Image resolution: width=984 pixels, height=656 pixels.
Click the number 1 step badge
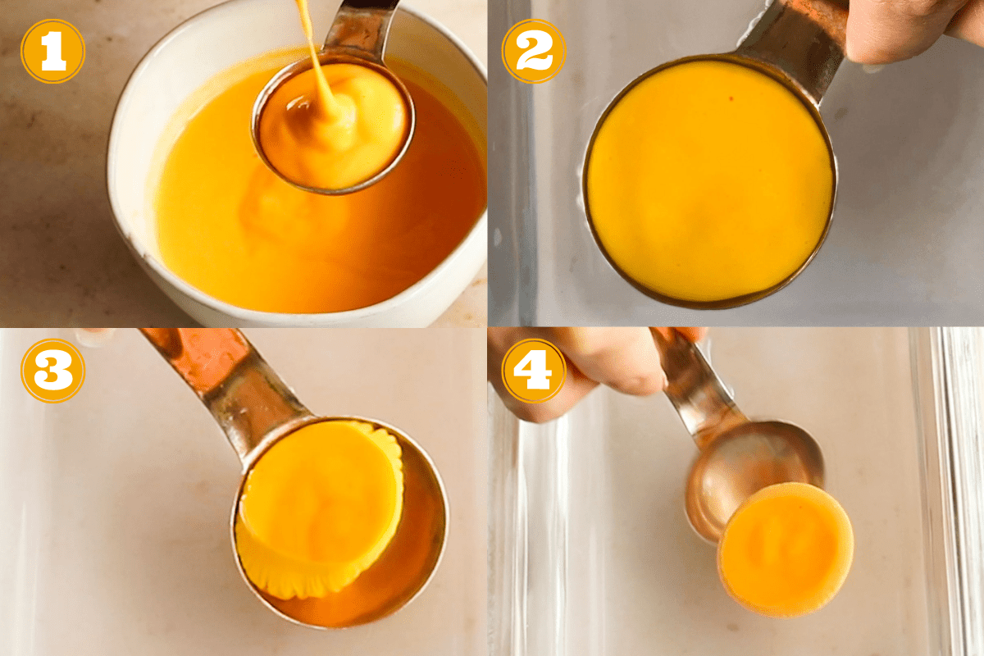coord(52,51)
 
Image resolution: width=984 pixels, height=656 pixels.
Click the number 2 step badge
coord(534,51)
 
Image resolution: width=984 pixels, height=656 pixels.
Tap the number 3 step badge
coord(52,371)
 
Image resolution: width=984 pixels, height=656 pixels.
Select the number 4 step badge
coord(534,371)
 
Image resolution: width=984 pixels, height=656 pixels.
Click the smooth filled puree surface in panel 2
coord(709,180)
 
